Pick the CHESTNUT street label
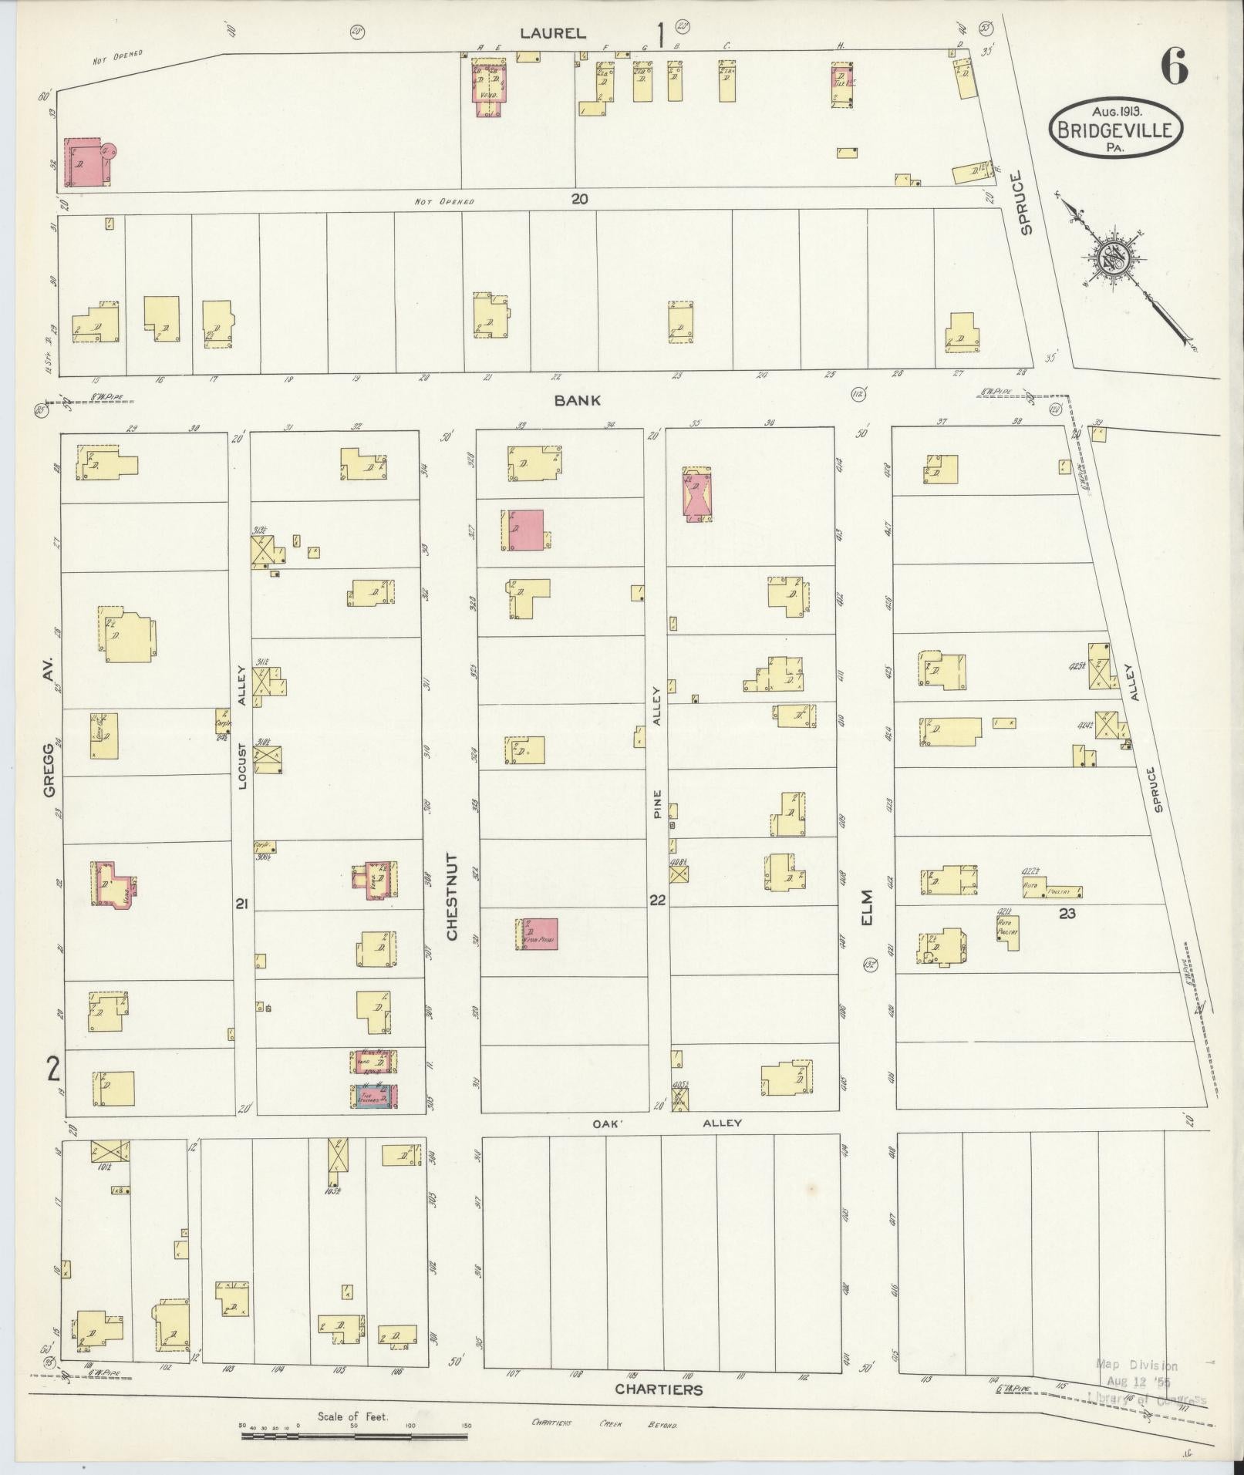pos(452,896)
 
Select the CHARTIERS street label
pos(659,1389)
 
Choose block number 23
pos(1067,913)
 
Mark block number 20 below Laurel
pos(580,199)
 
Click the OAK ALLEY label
pos(666,1123)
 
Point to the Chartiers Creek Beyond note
pos(604,1423)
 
